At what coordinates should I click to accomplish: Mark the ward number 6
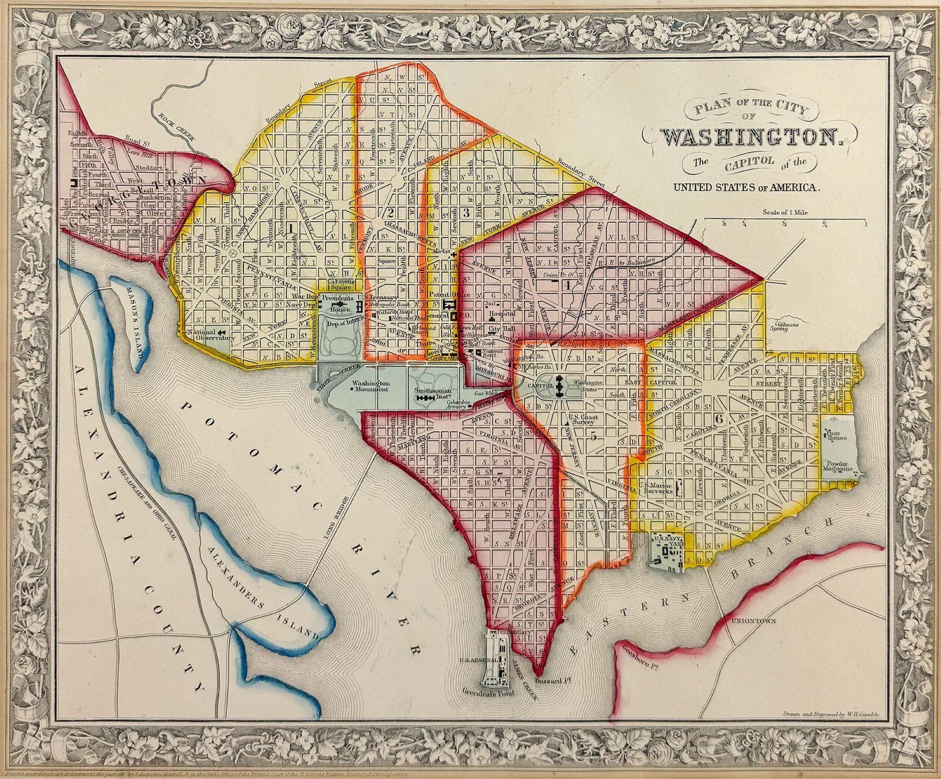718,419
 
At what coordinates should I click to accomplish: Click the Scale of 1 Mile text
784,212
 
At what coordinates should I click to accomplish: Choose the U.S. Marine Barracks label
657,487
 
